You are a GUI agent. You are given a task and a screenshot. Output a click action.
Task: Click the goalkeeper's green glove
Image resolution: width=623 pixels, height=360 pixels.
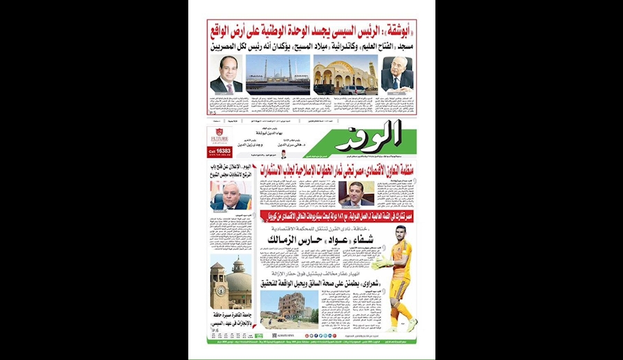coord(377,263)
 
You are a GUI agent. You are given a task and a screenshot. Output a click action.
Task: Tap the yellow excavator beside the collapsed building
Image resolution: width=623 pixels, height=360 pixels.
coord(267,319)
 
